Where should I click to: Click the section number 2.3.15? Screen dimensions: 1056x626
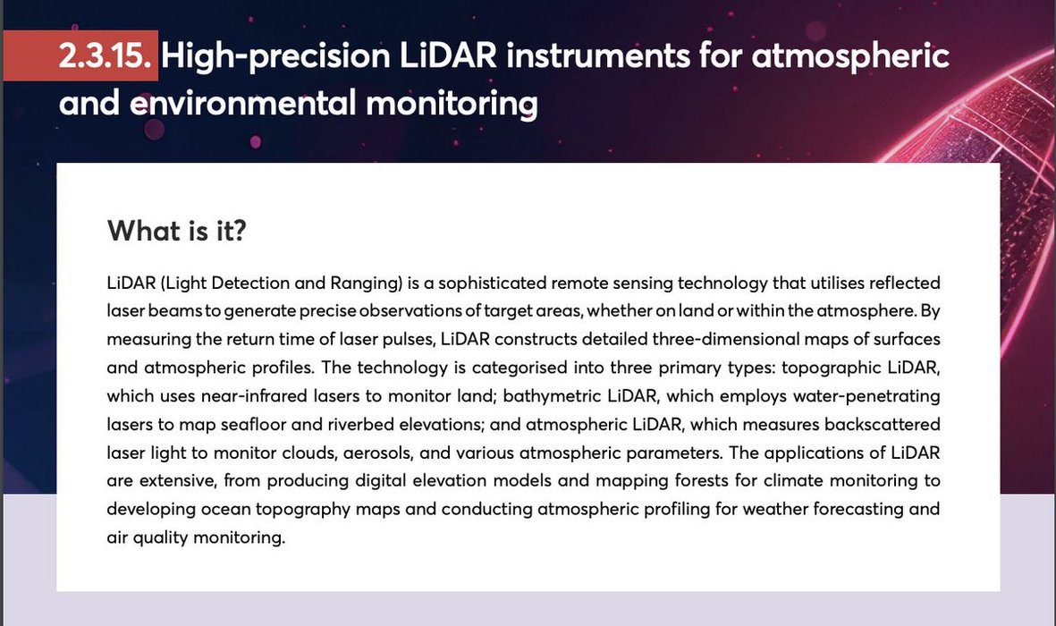pyautogui.click(x=105, y=55)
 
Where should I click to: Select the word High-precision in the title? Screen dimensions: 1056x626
pyautogui.click(x=275, y=56)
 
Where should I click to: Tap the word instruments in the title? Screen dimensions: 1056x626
pyautogui.click(x=598, y=55)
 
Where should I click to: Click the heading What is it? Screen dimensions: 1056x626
pyautogui.click(x=177, y=231)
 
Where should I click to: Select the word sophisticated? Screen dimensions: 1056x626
pyautogui.click(x=493, y=283)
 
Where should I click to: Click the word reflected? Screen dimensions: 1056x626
pyautogui.click(x=905, y=283)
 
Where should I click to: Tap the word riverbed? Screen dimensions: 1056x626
pyautogui.click(x=361, y=424)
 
